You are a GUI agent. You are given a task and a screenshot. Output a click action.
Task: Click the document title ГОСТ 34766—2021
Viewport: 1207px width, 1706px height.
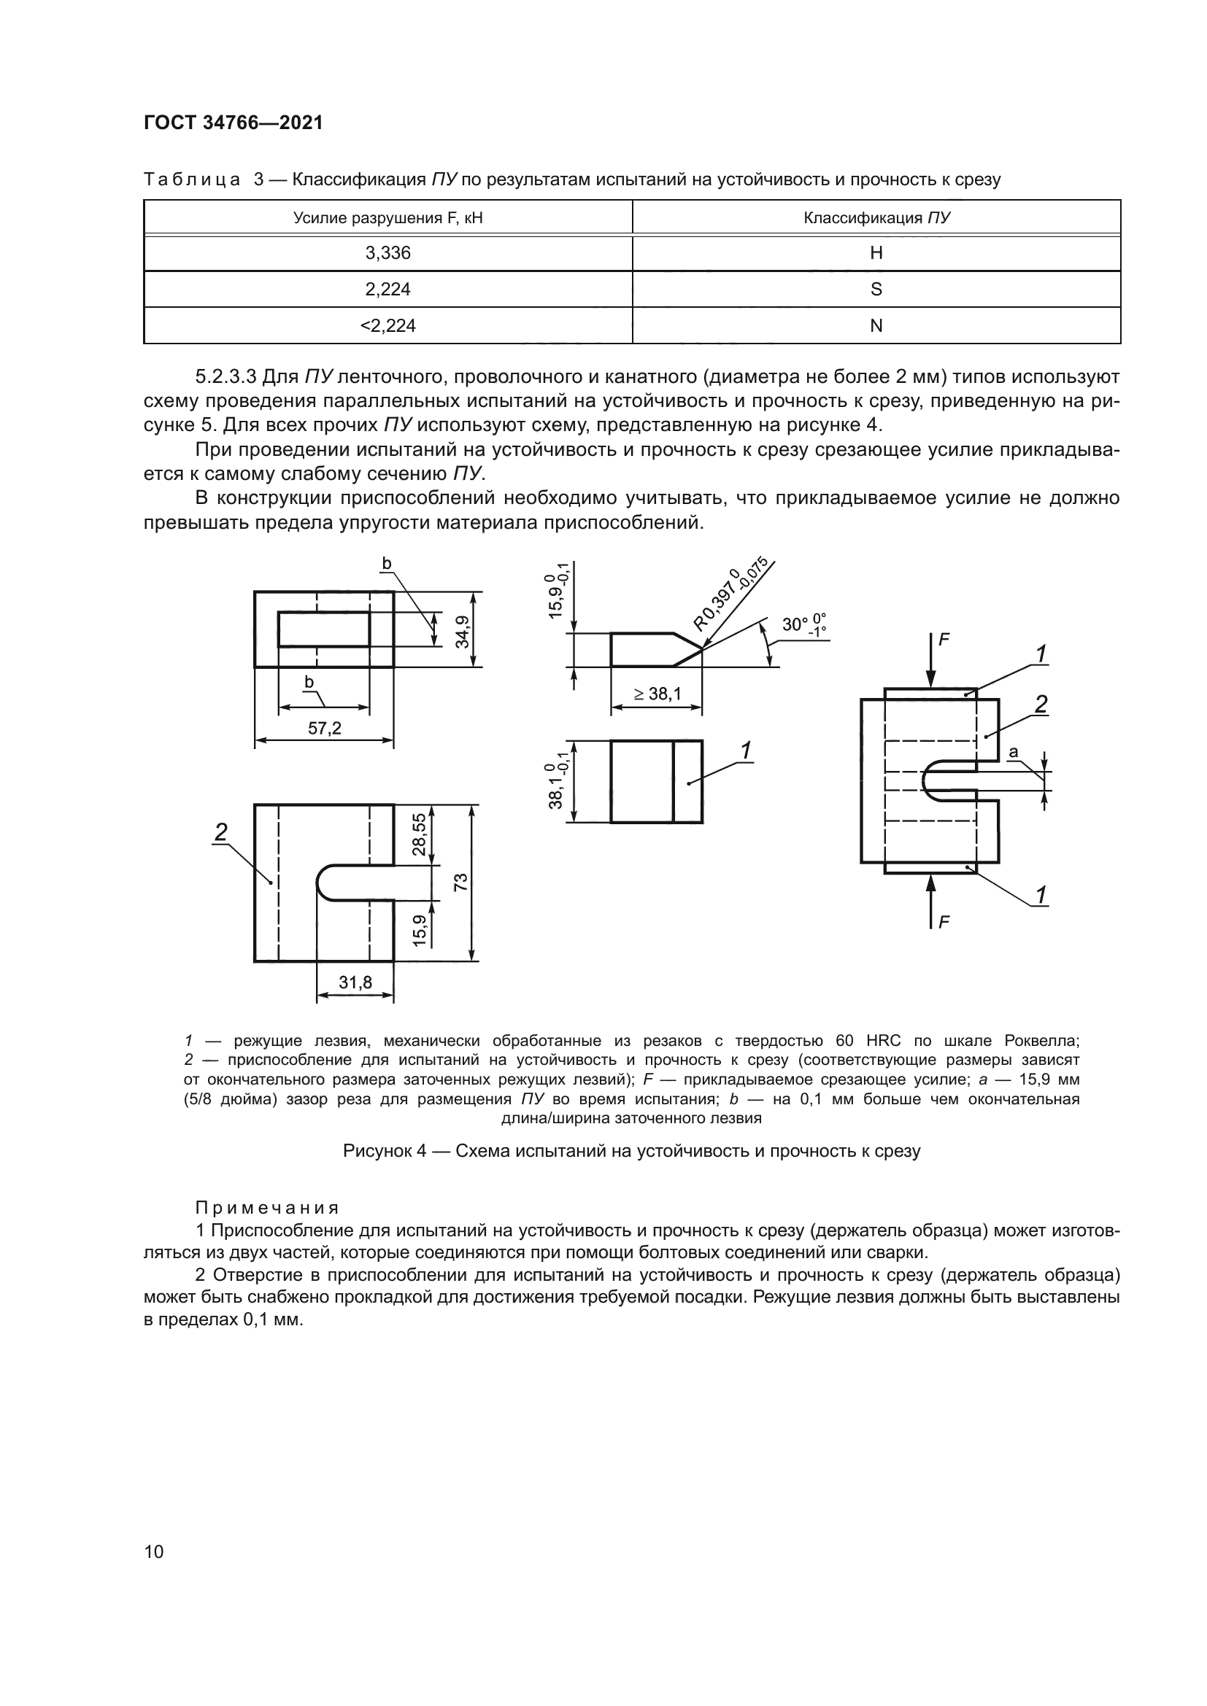click(234, 123)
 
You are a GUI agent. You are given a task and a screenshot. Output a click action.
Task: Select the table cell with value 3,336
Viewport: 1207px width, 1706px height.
click(387, 253)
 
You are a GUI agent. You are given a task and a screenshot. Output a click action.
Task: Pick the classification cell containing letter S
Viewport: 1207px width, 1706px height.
click(876, 290)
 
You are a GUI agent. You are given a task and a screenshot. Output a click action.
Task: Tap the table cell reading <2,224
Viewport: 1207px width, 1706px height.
click(387, 326)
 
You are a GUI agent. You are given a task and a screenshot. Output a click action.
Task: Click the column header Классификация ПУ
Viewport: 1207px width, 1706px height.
click(876, 217)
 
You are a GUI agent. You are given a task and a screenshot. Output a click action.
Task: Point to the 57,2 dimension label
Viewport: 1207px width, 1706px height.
click(325, 729)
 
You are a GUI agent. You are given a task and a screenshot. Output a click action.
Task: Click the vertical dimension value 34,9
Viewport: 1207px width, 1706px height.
click(462, 631)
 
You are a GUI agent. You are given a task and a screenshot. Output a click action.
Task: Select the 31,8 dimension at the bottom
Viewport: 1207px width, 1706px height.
click(355, 982)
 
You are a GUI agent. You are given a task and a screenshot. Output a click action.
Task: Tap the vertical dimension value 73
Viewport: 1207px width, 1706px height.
click(461, 882)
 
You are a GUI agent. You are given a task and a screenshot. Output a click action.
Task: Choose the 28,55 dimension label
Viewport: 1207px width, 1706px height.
click(420, 834)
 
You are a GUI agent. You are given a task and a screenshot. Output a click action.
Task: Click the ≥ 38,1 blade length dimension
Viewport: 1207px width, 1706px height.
click(657, 694)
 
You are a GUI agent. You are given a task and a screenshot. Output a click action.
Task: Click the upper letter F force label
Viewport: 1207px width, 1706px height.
click(944, 640)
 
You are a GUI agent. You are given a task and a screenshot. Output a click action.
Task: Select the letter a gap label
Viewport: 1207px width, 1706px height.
click(1013, 753)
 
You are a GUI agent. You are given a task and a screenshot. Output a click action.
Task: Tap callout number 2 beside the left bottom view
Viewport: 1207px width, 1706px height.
click(220, 832)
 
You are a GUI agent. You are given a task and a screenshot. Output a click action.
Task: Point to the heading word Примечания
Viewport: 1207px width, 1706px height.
click(268, 1207)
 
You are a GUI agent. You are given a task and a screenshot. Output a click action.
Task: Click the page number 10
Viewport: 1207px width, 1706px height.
click(154, 1551)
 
